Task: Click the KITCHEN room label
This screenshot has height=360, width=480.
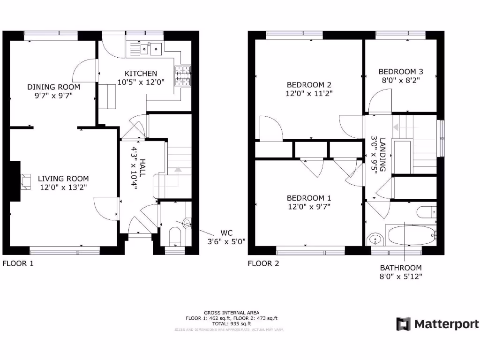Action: coord(141,74)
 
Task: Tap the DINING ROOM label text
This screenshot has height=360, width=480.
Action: coord(53,87)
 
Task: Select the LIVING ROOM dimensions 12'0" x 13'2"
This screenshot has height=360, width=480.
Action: coord(63,188)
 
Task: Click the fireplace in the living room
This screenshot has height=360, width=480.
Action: coord(25,181)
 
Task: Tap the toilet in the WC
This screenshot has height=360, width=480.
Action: coord(174,236)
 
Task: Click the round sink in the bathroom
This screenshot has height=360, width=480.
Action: coord(375,240)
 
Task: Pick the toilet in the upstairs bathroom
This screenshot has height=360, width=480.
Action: coord(427,212)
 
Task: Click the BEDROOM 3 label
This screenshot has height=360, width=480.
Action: coord(401,72)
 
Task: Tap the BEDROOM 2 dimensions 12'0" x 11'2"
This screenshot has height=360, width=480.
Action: coord(309,93)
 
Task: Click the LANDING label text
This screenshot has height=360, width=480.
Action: coord(382,154)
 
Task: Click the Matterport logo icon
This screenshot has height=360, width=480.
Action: coord(403,324)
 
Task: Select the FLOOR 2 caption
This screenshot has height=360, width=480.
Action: coord(263,263)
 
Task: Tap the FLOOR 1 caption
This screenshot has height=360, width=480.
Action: coord(18,263)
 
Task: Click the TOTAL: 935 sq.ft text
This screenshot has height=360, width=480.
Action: coord(231,323)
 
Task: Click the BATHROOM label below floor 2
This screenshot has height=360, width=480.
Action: coord(401,268)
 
